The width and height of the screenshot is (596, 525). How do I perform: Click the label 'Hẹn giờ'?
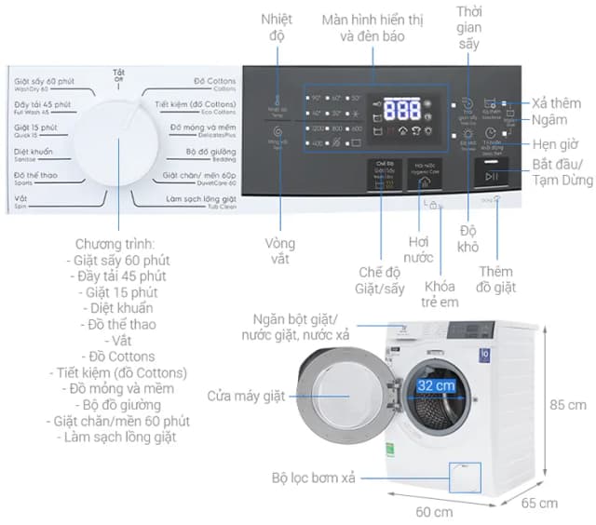click(x=558, y=145)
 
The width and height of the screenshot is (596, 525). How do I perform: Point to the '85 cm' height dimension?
click(x=568, y=405)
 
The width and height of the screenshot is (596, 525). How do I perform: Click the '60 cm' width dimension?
click(x=434, y=511)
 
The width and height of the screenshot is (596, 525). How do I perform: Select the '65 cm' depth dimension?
click(x=540, y=504)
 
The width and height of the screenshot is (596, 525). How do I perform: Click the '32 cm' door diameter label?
click(x=436, y=384)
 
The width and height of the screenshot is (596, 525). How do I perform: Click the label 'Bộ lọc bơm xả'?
click(x=315, y=478)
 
